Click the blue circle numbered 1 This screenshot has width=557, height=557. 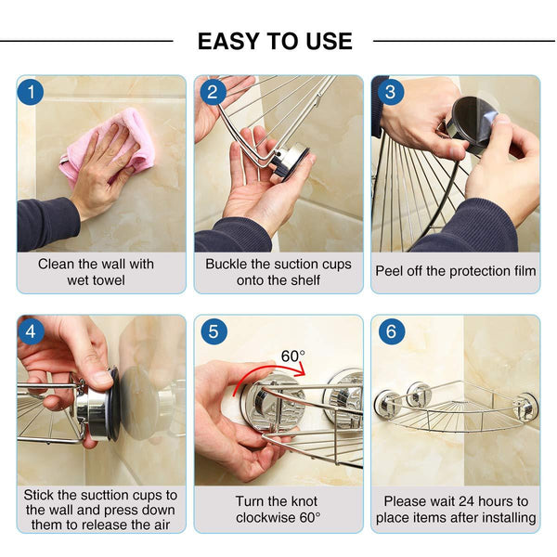coord(31,92)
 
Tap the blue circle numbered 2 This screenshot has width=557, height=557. coord(213,92)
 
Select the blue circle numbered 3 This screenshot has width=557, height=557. coord(390,92)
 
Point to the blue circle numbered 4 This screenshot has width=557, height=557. coord(31,331)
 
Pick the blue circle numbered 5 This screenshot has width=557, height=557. coord(214,331)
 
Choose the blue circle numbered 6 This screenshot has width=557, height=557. coord(392,331)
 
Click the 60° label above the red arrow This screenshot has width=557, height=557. coord(293,356)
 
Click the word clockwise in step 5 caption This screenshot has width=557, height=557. coord(266,517)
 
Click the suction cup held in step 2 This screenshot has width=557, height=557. coord(290,162)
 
